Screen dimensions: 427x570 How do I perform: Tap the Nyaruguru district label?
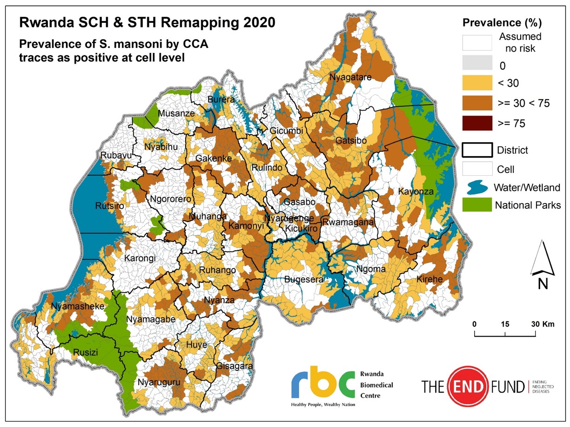point(158,383)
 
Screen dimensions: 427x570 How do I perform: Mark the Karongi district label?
point(140,258)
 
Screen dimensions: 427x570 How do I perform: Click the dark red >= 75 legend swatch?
point(477,123)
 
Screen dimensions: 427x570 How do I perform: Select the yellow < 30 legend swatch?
point(477,83)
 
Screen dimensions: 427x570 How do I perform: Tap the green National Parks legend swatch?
point(477,205)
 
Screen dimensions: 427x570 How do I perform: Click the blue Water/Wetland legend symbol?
point(477,187)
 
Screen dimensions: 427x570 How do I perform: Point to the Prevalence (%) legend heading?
point(502,23)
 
